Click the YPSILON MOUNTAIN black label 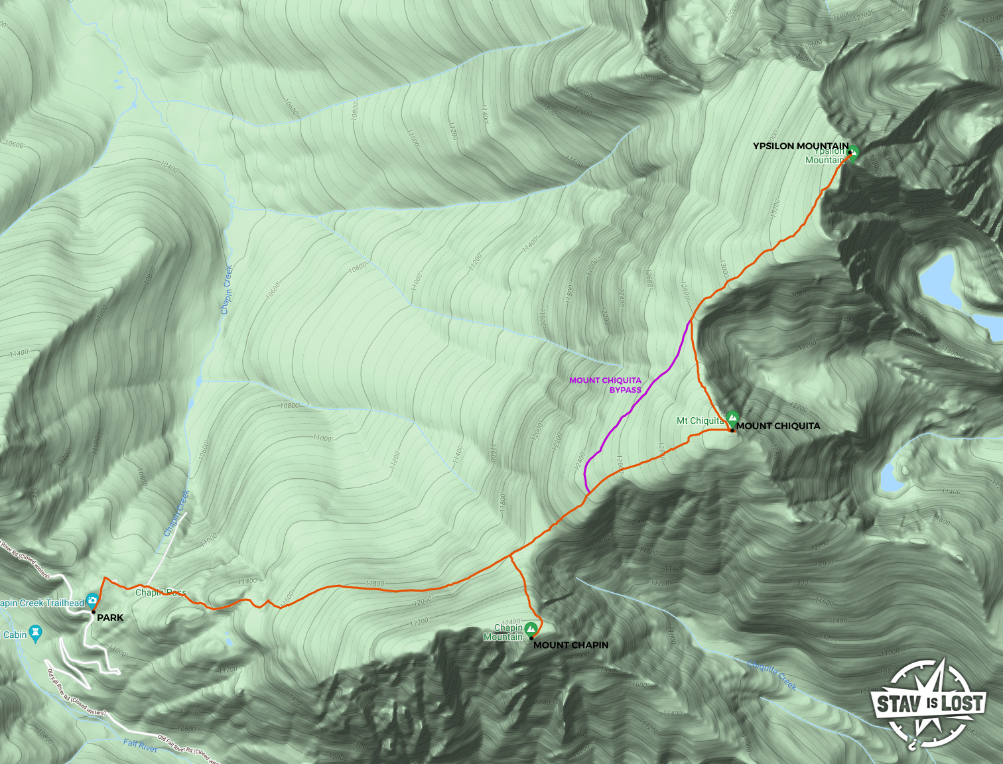coord(800,146)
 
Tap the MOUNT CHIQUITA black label coord(778,426)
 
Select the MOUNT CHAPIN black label coord(570,645)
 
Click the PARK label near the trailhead coord(110,617)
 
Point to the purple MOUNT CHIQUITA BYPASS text coord(606,385)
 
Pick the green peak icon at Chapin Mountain coord(531,628)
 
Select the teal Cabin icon coord(36,633)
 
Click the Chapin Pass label coord(161,592)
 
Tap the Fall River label coord(140,745)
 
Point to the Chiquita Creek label coord(771,674)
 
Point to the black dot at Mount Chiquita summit coord(732,430)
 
